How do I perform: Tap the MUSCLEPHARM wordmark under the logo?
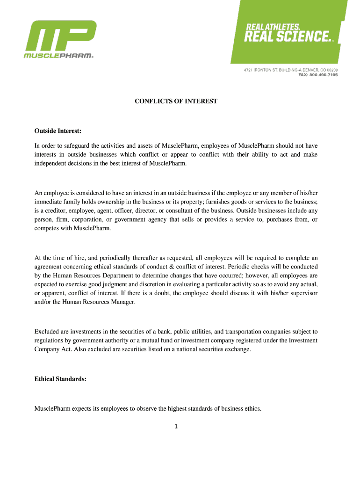click(x=59, y=55)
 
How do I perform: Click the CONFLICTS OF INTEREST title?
click(x=176, y=101)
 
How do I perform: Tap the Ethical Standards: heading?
click(x=60, y=379)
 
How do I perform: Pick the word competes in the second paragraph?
click(x=47, y=228)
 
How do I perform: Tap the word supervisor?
click(x=302, y=293)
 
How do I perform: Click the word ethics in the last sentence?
click(x=252, y=409)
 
